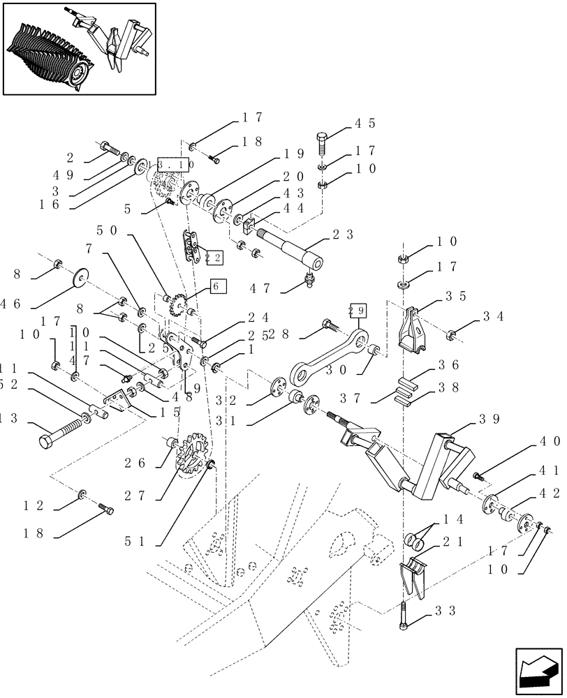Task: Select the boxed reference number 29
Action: pyautogui.click(x=357, y=311)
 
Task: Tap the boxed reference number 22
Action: pyautogui.click(x=214, y=258)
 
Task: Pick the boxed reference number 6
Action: pyautogui.click(x=216, y=286)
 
